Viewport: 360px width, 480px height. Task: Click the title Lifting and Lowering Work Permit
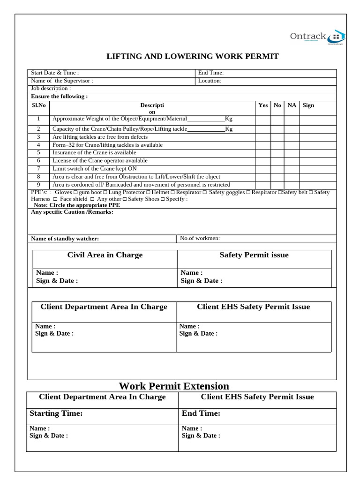click(193, 56)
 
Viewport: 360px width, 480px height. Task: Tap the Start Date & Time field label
click(55, 73)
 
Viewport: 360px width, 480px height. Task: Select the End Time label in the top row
click(211, 73)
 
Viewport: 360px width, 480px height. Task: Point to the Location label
click(210, 81)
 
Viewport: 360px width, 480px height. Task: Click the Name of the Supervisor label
click(62, 81)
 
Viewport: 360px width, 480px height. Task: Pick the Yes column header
click(263, 105)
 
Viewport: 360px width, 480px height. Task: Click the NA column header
click(292, 105)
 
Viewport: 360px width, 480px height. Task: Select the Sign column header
click(308, 105)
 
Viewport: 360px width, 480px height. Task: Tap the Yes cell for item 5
click(263, 153)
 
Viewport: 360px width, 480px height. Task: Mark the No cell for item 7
click(277, 169)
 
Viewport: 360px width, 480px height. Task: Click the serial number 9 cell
click(39, 185)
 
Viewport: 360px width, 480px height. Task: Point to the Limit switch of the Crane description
click(95, 169)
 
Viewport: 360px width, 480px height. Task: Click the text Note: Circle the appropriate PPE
click(77, 205)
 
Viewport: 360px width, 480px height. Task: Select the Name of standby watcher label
click(65, 239)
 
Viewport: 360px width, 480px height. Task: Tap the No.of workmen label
click(200, 238)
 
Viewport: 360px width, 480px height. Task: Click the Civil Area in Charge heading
click(105, 255)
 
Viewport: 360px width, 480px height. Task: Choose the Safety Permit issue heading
click(254, 255)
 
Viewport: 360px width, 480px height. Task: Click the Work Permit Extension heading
click(174, 386)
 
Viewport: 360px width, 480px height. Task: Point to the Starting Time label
click(56, 413)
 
